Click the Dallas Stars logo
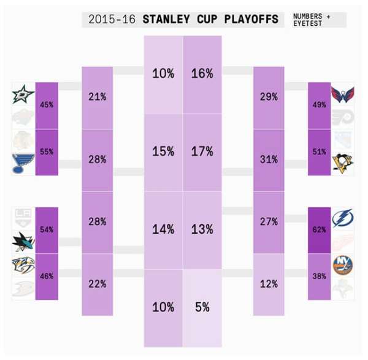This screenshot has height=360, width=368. (x=23, y=96)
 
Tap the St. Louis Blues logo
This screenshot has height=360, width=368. (x=23, y=163)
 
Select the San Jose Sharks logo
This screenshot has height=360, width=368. (x=23, y=242)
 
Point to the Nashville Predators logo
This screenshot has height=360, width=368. (x=23, y=265)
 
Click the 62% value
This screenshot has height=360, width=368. (x=320, y=229)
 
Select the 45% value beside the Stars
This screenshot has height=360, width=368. (x=47, y=105)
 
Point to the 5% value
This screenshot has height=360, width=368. (x=202, y=307)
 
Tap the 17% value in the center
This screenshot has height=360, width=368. (x=202, y=151)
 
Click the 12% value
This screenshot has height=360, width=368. (x=269, y=284)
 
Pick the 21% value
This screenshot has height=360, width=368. (x=98, y=96)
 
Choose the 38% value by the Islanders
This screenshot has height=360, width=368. (x=320, y=276)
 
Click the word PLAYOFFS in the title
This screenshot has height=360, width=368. (x=252, y=19)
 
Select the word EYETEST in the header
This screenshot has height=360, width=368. (x=307, y=23)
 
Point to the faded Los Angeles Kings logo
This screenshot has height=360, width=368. (x=23, y=216)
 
